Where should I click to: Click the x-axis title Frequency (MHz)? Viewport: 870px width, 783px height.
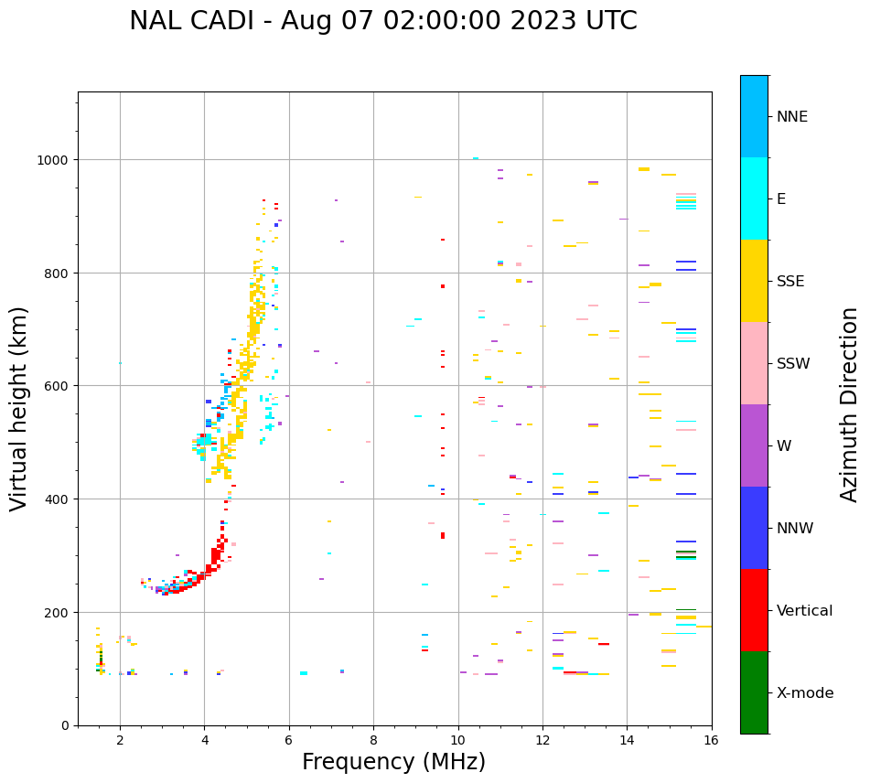click(393, 762)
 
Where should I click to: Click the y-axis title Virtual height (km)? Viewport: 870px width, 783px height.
click(20, 408)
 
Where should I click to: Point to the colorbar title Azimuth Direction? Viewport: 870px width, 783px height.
click(850, 404)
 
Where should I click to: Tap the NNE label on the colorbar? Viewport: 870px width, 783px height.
click(792, 117)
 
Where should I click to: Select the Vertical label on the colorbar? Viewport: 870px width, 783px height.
click(805, 611)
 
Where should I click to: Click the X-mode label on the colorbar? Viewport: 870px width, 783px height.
click(805, 693)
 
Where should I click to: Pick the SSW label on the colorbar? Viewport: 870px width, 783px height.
click(793, 364)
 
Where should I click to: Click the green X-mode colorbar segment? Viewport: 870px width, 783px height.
click(754, 692)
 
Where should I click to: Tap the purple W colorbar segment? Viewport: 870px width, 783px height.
click(754, 445)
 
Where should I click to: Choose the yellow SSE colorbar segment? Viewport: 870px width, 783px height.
click(754, 281)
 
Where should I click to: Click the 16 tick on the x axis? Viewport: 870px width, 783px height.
click(712, 740)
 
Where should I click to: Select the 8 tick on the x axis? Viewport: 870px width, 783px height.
click(373, 740)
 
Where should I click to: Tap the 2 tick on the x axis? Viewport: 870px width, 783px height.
click(120, 740)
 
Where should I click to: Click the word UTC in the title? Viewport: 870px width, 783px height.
click(607, 21)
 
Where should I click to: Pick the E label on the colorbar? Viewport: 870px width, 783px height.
click(782, 199)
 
